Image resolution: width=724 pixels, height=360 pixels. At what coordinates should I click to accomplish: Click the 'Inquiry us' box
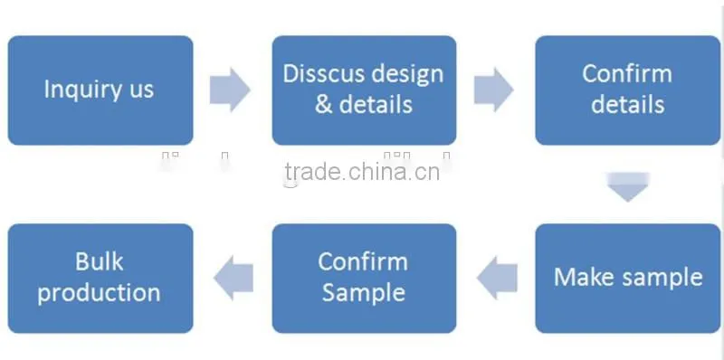[100, 90]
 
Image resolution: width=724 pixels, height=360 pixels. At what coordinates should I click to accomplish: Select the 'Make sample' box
[628, 279]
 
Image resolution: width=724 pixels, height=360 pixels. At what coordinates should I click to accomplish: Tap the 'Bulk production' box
[100, 279]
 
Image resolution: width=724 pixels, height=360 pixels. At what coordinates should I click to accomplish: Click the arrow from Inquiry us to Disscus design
[230, 90]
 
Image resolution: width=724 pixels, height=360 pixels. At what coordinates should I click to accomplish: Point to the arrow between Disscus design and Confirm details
[493, 90]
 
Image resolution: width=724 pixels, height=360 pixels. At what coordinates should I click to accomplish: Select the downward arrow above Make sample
[628, 187]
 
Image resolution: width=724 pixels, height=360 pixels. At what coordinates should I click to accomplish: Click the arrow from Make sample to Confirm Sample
[497, 278]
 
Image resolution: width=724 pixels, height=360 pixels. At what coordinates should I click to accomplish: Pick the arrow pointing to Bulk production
[233, 278]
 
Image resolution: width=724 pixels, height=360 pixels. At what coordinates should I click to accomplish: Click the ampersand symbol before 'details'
[324, 105]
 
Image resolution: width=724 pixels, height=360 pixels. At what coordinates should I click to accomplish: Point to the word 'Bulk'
[100, 261]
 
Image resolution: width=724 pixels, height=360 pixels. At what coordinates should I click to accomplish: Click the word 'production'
[99, 294]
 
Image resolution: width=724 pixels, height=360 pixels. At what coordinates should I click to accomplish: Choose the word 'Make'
[583, 278]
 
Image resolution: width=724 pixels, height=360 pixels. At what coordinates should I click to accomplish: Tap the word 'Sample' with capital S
[364, 294]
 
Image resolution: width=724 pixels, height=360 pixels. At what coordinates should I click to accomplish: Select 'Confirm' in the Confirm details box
[627, 74]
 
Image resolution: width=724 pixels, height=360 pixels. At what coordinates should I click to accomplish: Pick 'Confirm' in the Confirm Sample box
[363, 261]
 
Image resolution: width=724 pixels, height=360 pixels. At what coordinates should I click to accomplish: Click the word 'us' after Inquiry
[142, 91]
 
